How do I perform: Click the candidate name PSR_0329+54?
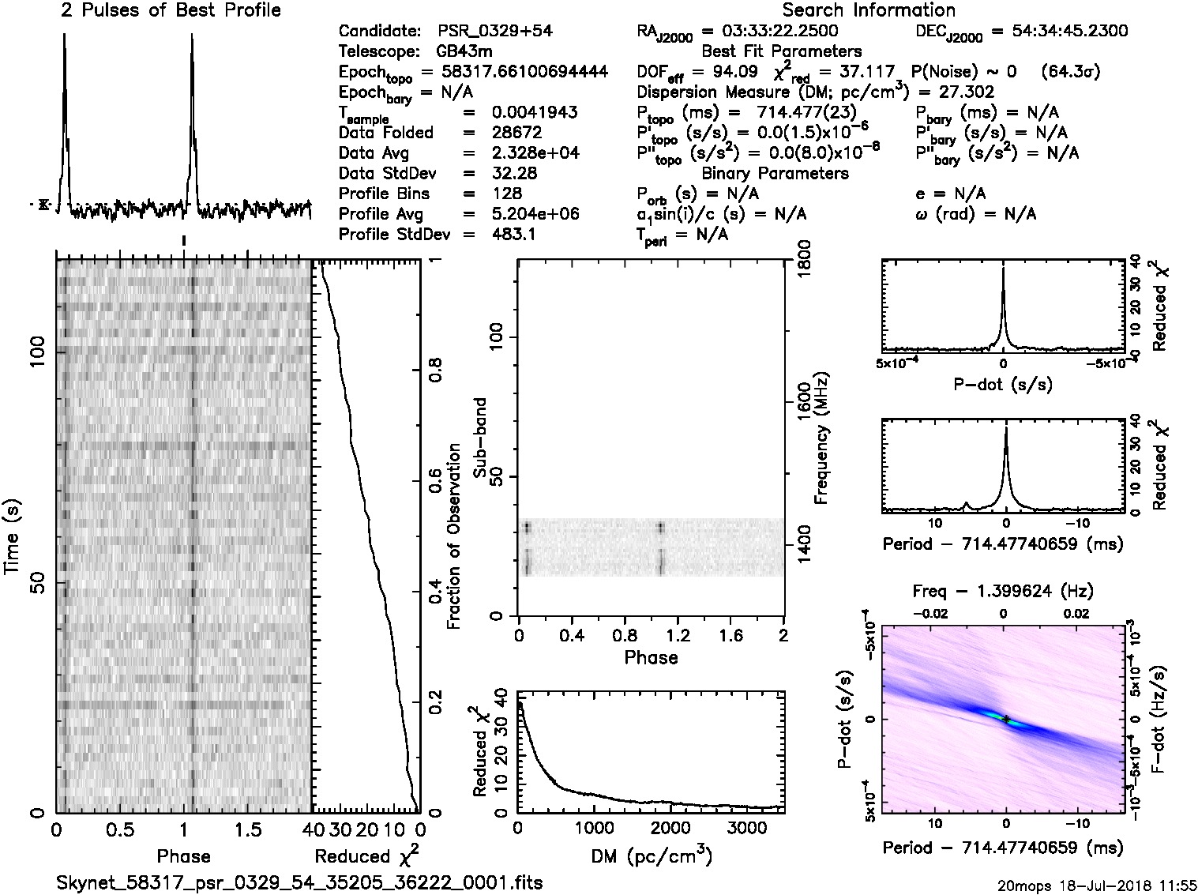pos(495,32)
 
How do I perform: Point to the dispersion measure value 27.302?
pos(968,92)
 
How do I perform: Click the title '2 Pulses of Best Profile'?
pos(171,11)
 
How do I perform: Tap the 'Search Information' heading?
pos(869,11)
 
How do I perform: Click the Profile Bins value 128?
pos(506,194)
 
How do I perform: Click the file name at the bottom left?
pos(299,882)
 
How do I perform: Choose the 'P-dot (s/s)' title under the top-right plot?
pos(1003,385)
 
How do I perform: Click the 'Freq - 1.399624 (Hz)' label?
pos(1003,591)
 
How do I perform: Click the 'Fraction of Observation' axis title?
pos(453,536)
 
